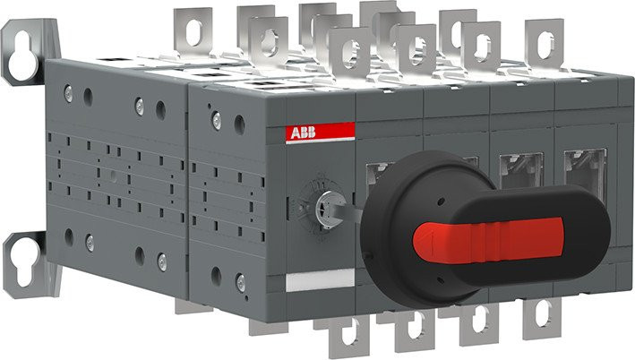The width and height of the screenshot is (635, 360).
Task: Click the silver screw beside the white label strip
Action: (239, 282)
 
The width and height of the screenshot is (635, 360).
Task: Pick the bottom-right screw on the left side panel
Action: (161, 261)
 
